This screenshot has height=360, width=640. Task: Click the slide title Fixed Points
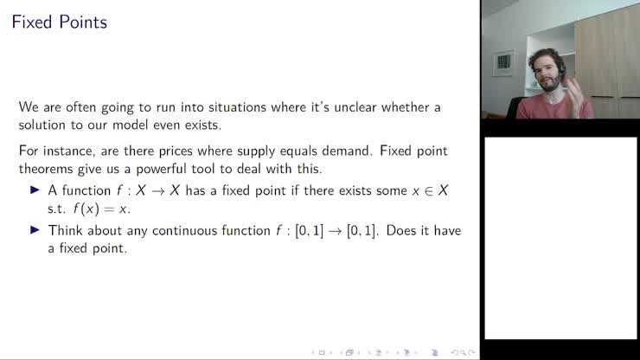[60, 22]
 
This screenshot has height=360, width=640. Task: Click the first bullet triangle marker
[35, 190]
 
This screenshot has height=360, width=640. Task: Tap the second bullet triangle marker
[35, 230]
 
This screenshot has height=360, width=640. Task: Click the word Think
[67, 230]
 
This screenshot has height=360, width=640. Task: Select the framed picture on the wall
[504, 63]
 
